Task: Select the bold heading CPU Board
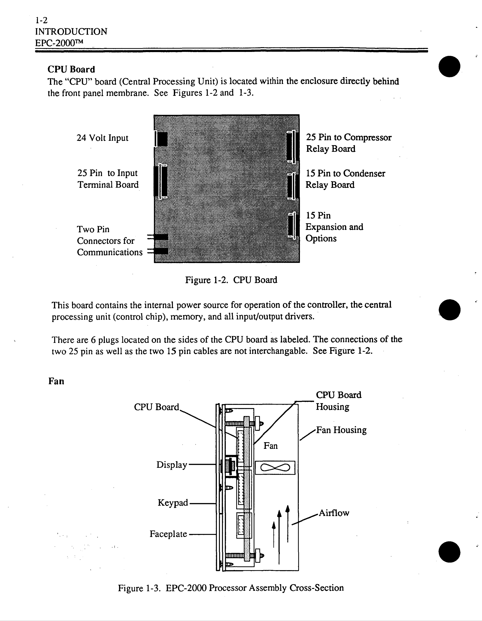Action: [x=71, y=69]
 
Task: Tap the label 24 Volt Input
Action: [x=102, y=138]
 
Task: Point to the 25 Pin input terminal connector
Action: [x=161, y=181]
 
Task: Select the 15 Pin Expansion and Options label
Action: [x=334, y=227]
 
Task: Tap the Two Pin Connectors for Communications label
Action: [x=109, y=241]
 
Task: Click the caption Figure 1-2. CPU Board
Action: [x=231, y=280]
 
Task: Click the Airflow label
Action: [x=334, y=513]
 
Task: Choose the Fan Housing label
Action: [x=341, y=430]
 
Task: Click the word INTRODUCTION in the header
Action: [x=71, y=32]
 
